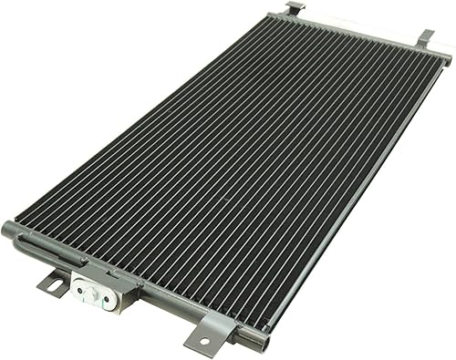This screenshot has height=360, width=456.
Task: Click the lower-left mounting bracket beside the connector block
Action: click(x=54, y=283)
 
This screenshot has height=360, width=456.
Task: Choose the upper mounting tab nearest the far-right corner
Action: click(x=425, y=37)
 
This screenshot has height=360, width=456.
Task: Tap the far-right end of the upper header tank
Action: click(x=446, y=59)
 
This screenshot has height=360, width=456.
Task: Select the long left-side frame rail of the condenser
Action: click(x=137, y=118)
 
